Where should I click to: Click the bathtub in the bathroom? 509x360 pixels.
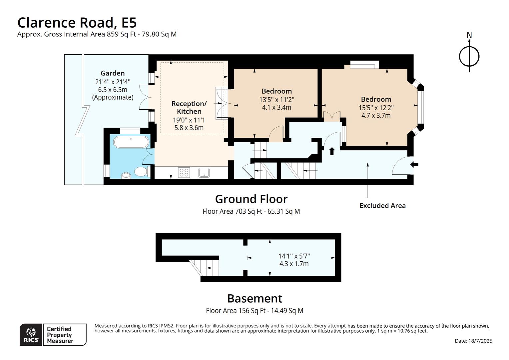131,142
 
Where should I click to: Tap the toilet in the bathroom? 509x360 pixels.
142,171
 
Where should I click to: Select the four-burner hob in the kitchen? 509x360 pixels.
184,172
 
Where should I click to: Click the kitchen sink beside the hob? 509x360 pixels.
204,173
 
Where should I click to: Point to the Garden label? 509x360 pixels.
113,73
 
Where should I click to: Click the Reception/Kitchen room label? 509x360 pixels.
189,107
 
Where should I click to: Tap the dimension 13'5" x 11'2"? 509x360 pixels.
276,100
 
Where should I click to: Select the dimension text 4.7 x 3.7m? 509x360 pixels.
376,116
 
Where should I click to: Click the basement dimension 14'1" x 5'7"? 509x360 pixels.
294,256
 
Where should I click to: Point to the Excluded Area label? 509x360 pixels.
382,206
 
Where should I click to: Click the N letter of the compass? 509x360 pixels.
469,35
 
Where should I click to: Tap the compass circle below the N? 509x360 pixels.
469,56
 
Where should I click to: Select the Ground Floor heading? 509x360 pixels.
251,199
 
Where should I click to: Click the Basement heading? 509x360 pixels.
255,298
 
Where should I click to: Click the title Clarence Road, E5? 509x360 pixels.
77,23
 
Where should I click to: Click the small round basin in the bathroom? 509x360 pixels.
126,175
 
